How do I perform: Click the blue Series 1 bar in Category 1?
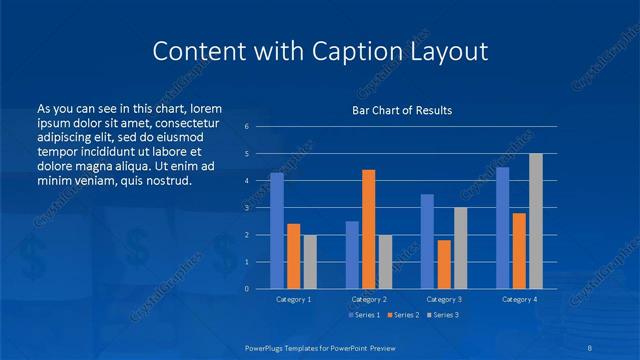tap(277, 231)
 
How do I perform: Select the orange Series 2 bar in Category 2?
tap(368, 229)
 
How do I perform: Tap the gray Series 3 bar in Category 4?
tap(536, 221)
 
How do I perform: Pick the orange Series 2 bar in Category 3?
tap(444, 264)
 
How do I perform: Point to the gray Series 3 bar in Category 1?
tap(310, 262)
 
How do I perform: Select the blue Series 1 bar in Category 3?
tap(427, 241)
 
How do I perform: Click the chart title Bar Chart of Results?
tap(402, 110)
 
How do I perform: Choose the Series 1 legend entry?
tap(363, 315)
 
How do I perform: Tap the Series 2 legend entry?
tap(402, 315)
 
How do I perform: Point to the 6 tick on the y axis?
tap(247, 127)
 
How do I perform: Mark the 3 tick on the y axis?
tap(247, 208)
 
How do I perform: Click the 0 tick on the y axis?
tap(247, 289)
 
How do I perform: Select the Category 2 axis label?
tap(368, 299)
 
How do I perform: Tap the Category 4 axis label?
tap(519, 299)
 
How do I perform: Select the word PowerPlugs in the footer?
tap(267, 346)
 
